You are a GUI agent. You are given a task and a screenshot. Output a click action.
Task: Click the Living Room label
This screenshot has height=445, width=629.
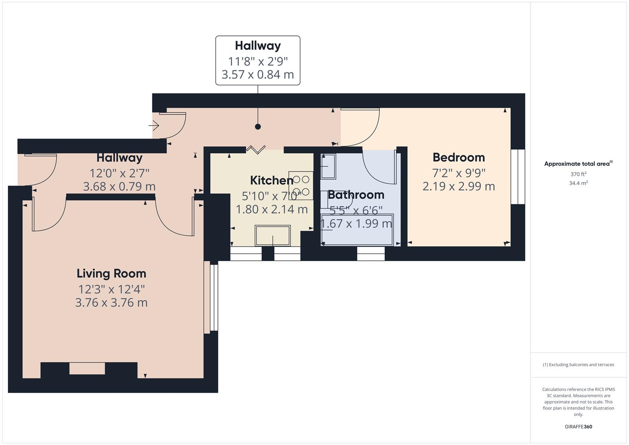pos(111,274)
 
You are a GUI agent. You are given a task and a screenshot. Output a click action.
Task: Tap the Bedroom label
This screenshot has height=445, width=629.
pos(458,157)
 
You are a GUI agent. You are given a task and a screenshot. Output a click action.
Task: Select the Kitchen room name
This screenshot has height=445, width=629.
pos(271,180)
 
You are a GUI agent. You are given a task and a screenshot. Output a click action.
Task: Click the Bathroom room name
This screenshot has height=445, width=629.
pos(356,194)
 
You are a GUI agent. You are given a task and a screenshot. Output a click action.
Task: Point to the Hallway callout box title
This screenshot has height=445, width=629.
pos(258,46)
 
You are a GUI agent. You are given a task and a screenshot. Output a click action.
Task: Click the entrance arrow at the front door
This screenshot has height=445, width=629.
pos(154,125)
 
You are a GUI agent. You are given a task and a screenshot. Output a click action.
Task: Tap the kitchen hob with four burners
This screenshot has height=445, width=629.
pos(301,185)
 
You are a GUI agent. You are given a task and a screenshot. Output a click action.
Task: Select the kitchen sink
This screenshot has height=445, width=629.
pos(272,235)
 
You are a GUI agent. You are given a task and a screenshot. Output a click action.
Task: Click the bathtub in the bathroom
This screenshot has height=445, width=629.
pos(357,230)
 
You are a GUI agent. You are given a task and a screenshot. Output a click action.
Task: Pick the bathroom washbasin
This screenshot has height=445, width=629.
pos(328,166)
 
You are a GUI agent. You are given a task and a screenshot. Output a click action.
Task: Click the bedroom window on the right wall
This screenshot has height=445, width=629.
pos(518,176)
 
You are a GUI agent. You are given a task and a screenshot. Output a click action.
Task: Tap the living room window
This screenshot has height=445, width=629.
pos(213,297)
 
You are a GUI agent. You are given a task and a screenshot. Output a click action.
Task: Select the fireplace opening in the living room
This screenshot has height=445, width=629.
pos(87,368)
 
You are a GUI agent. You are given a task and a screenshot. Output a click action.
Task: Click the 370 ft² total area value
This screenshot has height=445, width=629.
pos(578,174)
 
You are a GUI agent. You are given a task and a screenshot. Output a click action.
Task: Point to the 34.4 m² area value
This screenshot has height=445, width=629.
pos(578,183)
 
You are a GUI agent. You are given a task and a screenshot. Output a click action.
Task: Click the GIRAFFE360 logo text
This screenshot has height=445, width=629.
pos(578,427)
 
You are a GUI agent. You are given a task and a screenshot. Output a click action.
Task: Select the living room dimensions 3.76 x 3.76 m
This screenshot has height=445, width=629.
pos(111,303)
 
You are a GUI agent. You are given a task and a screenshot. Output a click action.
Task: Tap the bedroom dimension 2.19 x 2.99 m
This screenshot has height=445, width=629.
pos(458,187)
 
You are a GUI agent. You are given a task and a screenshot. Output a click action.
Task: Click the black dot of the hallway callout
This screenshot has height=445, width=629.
pos(258,126)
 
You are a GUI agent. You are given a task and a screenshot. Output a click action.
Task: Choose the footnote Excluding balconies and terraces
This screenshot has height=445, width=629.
pos(578,365)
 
